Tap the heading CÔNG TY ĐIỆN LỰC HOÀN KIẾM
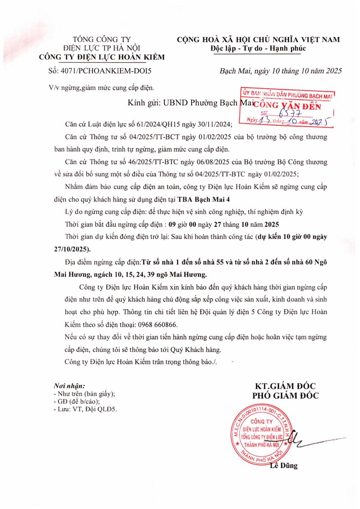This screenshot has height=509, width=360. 102,57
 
